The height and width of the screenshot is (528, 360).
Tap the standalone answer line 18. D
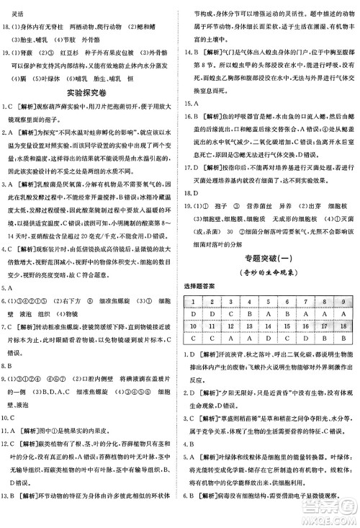(194, 214)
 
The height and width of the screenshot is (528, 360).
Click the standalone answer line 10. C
(12, 417)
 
